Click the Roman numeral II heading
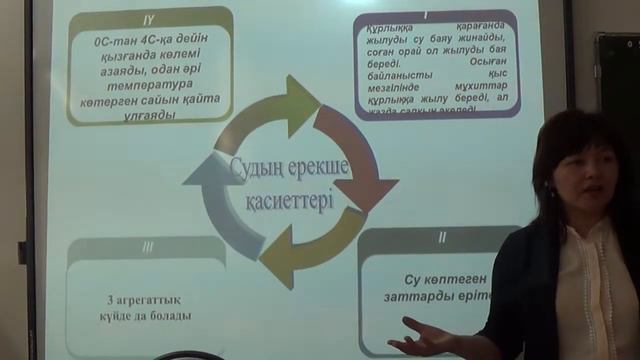click(442, 237)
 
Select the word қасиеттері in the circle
click(290, 197)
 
